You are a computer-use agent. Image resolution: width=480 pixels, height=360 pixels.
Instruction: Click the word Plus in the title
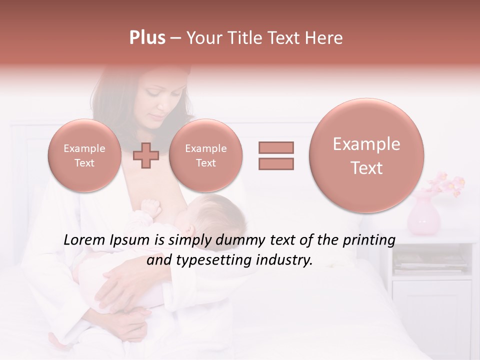147,38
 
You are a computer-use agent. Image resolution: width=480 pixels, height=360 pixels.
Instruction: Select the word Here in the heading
324,38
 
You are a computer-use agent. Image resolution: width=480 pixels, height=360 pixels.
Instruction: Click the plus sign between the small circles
146,155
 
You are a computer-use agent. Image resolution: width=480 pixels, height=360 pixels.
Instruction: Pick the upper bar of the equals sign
276,147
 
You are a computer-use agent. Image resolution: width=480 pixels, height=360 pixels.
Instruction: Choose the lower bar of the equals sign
276,163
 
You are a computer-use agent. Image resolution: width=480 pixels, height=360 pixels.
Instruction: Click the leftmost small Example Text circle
84,155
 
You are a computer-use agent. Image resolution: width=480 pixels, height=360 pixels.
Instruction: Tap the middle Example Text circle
205,155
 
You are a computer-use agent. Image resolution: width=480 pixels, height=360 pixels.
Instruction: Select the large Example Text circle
366,155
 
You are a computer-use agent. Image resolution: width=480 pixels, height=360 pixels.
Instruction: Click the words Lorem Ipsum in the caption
106,240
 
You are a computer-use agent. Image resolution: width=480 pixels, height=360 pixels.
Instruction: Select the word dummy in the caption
241,240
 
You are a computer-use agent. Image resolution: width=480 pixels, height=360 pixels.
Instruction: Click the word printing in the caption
369,240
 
